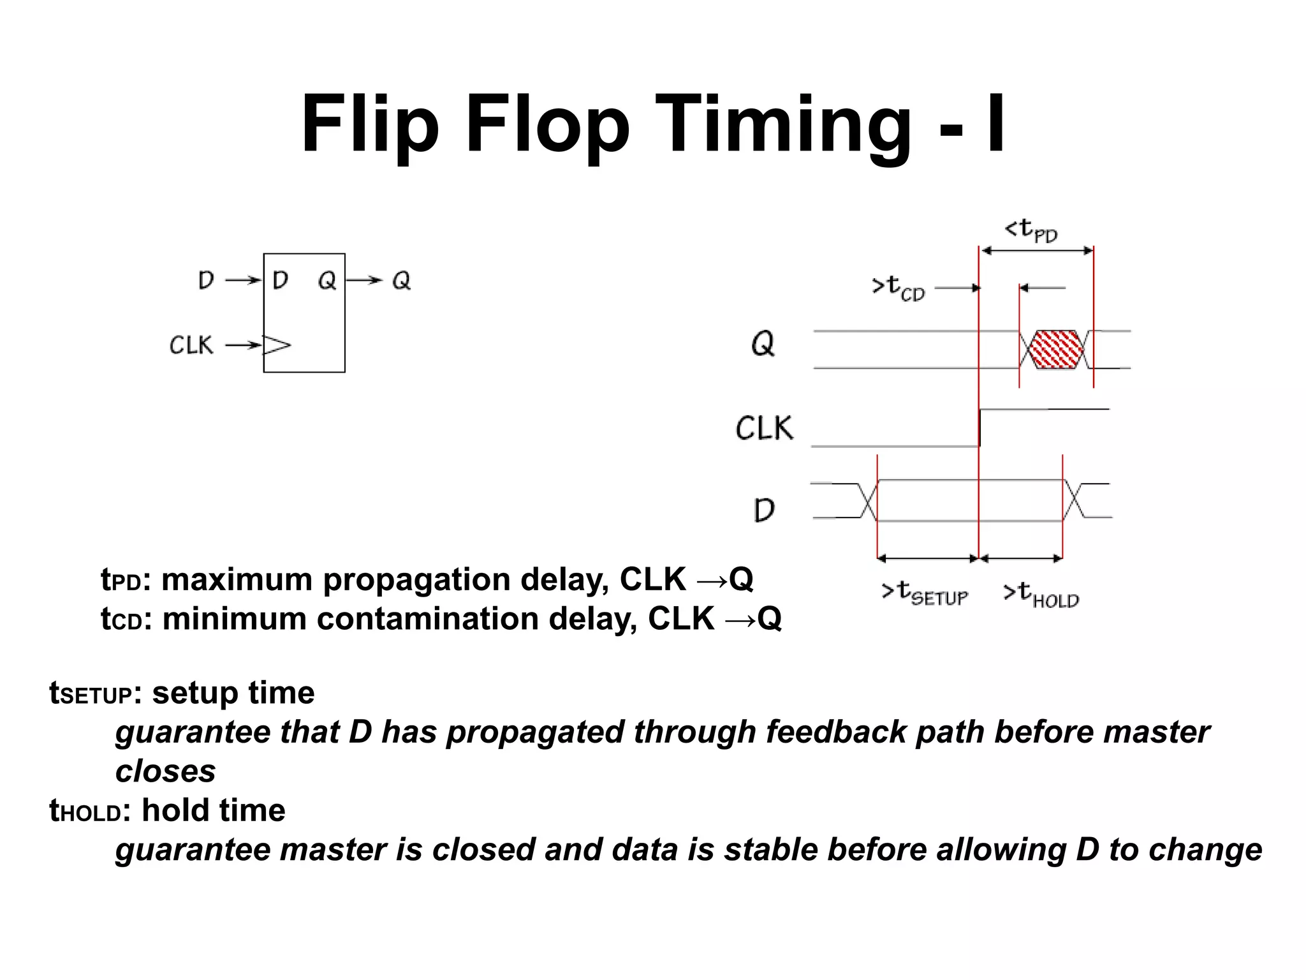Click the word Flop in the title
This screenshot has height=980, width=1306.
547,124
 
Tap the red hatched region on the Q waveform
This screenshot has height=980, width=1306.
1057,350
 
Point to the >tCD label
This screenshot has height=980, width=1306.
898,288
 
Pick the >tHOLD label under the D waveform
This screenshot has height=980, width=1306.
1041,594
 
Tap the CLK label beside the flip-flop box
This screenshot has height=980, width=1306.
191,345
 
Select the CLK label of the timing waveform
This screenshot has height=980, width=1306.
764,427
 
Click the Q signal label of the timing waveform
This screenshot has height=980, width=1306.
763,345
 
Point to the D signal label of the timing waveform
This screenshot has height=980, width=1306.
764,510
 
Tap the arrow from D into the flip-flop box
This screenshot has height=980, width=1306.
243,280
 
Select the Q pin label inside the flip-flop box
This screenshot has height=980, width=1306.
327,280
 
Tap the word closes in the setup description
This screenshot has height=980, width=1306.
165,771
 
